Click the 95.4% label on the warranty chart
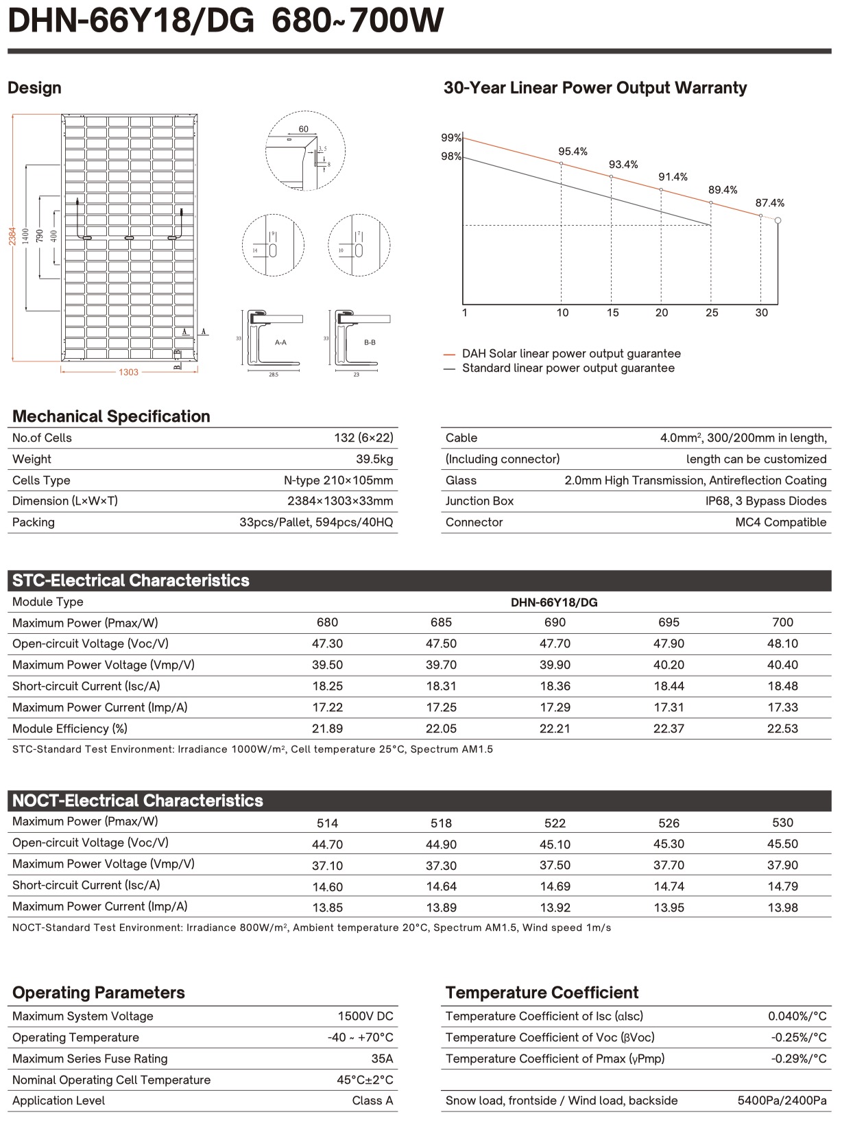pos(573,152)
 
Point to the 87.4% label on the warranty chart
pos(769,203)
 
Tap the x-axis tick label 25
pos(712,313)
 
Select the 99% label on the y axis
pos(450,138)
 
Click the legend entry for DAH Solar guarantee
pos(570,354)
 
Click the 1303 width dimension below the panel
pos(129,372)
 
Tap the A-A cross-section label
pos(280,342)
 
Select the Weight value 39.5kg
pos(374,459)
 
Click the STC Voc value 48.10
pos(782,644)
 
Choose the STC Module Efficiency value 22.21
pos(555,729)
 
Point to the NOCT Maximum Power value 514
pos(327,823)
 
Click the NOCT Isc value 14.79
pos(782,886)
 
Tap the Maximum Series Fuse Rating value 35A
pos(382,1059)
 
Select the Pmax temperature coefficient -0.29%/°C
pos(798,1059)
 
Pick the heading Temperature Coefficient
pos(542,993)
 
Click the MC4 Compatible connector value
pos(780,522)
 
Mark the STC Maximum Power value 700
pos(782,622)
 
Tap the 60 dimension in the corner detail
pos(304,129)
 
